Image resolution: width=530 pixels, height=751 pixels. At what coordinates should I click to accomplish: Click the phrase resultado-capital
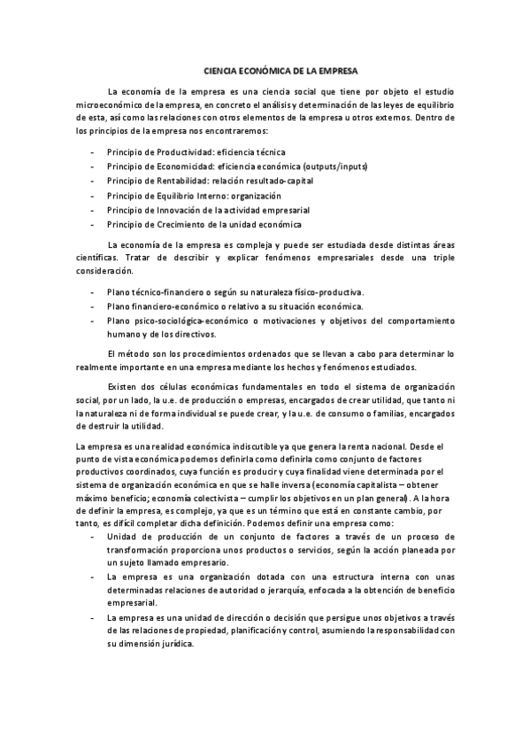[x=276, y=181]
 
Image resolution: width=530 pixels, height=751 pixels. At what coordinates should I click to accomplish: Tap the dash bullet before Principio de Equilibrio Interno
[x=93, y=196]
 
